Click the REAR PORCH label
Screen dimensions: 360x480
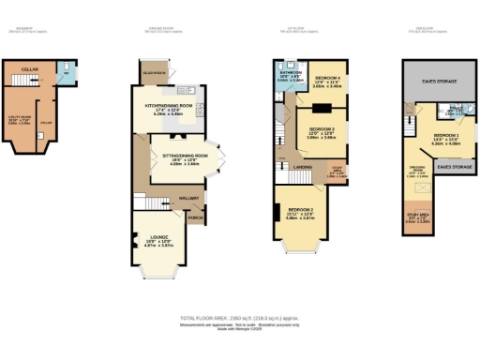click(149, 72)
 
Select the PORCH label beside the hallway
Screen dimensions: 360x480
click(196, 217)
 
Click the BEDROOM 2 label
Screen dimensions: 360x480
click(299, 212)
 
